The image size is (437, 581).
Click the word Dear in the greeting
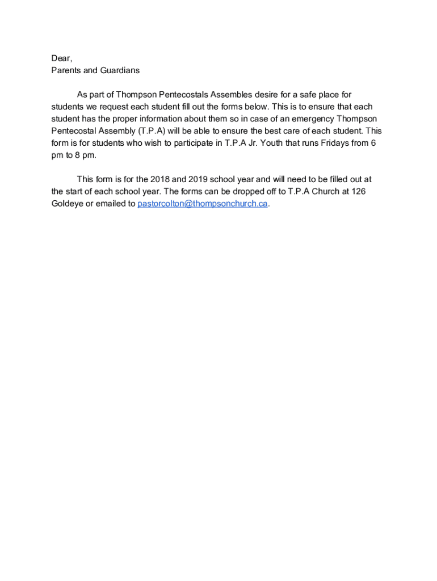[61, 58]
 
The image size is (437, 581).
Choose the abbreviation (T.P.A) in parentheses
[149, 131]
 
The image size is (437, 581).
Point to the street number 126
[358, 191]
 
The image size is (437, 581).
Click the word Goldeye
[67, 204]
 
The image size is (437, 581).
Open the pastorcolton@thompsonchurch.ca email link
[202, 204]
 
